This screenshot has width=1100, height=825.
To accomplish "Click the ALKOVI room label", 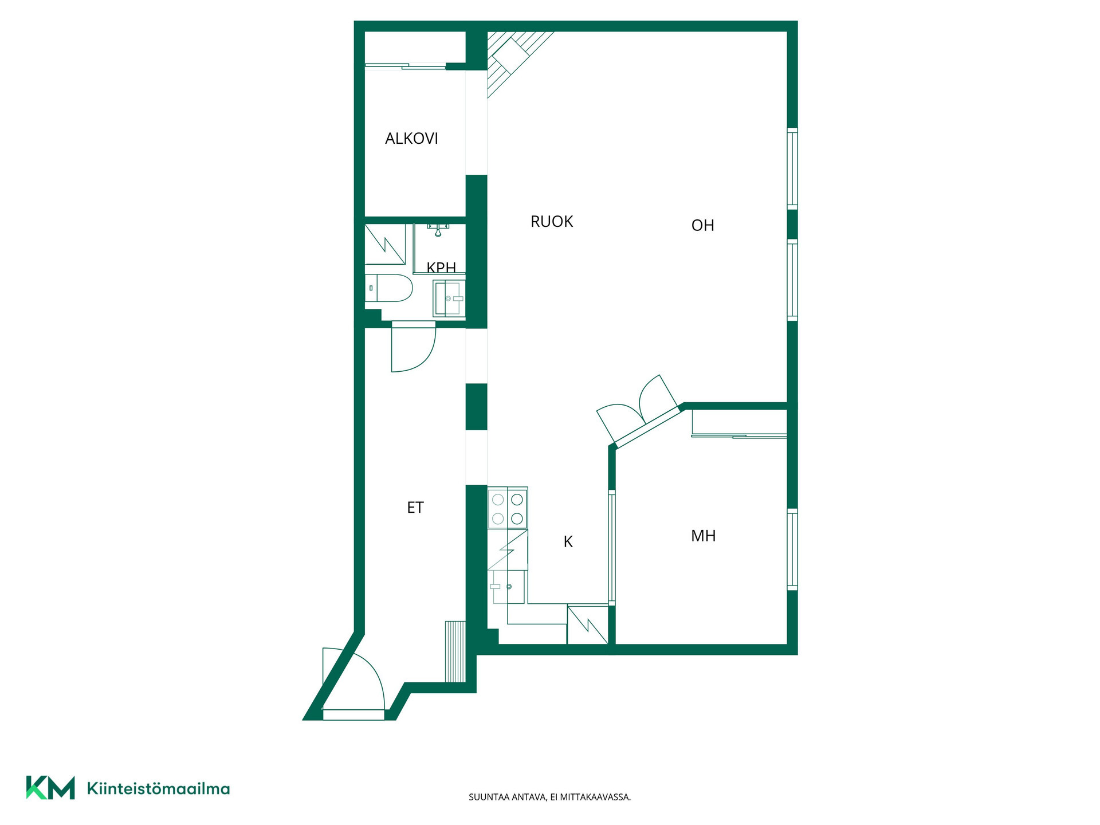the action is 411,139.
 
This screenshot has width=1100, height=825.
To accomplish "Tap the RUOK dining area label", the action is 552,222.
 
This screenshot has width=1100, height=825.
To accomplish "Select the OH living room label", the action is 703,226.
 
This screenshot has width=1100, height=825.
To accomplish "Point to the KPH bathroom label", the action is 441,267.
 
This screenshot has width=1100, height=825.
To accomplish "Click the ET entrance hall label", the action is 415,508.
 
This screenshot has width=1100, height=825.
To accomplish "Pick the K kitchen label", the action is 568,542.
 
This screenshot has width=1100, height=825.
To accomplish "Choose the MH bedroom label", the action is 704,536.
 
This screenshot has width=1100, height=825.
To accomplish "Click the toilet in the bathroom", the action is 389,288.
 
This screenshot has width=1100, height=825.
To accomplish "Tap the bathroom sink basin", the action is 449,298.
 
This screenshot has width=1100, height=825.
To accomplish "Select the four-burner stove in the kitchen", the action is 508,508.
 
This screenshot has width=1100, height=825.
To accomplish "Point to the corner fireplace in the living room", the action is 513,59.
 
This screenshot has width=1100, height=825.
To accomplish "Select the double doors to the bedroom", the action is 638,408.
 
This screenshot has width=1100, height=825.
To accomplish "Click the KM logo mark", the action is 50,788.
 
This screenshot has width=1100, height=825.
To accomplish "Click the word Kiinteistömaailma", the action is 158,789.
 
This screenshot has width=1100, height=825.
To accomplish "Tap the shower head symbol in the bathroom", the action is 438,230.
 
